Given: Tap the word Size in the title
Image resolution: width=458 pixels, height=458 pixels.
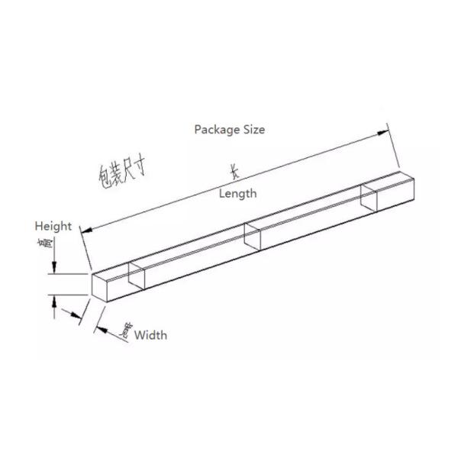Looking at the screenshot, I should [253, 130].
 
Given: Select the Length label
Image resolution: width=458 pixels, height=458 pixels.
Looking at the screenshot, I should [238, 194].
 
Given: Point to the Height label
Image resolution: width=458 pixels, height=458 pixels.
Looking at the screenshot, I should [53, 226].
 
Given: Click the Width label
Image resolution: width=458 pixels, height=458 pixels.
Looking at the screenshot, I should [150, 334].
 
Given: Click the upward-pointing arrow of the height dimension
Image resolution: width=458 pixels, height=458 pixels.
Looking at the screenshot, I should [54, 300].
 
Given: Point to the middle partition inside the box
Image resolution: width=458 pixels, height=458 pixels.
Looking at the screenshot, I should [253, 237].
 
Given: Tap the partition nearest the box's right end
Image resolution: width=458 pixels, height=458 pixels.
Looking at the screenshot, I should [369, 197].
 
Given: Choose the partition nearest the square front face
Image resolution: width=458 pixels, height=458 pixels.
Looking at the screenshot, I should [137, 276].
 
